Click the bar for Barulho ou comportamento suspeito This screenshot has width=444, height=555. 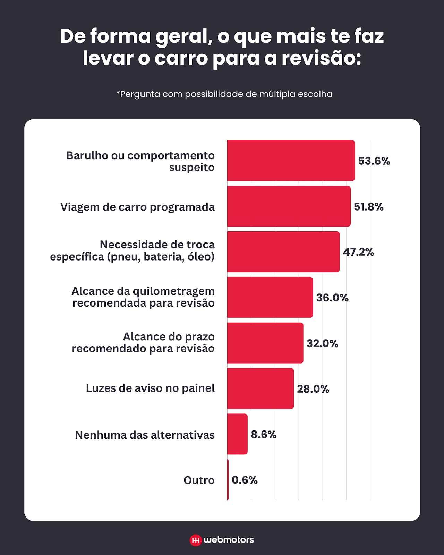(291, 161)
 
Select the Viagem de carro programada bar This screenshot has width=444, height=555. (289, 206)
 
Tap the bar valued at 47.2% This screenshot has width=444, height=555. (283, 252)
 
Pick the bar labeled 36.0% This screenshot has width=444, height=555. (270, 297)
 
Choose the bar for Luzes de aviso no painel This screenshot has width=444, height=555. (260, 388)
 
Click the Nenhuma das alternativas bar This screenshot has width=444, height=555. (237, 434)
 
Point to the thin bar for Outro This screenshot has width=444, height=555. (228, 480)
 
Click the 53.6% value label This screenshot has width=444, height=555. (374, 161)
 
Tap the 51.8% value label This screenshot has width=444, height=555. (368, 207)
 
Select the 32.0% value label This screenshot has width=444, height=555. (322, 343)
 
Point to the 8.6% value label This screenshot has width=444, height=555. (264, 434)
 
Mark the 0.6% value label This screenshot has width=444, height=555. (245, 480)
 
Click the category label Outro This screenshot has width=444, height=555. (199, 480)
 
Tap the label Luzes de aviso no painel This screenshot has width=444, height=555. (150, 388)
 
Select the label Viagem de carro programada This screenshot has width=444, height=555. (137, 207)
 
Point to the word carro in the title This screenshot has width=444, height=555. (181, 58)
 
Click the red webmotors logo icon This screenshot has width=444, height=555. (196, 540)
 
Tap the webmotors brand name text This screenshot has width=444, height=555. (229, 540)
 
